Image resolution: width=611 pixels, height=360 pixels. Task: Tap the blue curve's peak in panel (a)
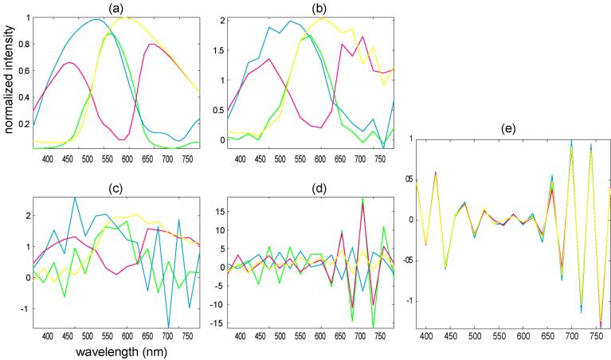pos(96,20)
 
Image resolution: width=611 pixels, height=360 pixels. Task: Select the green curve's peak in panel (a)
pos(111,33)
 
